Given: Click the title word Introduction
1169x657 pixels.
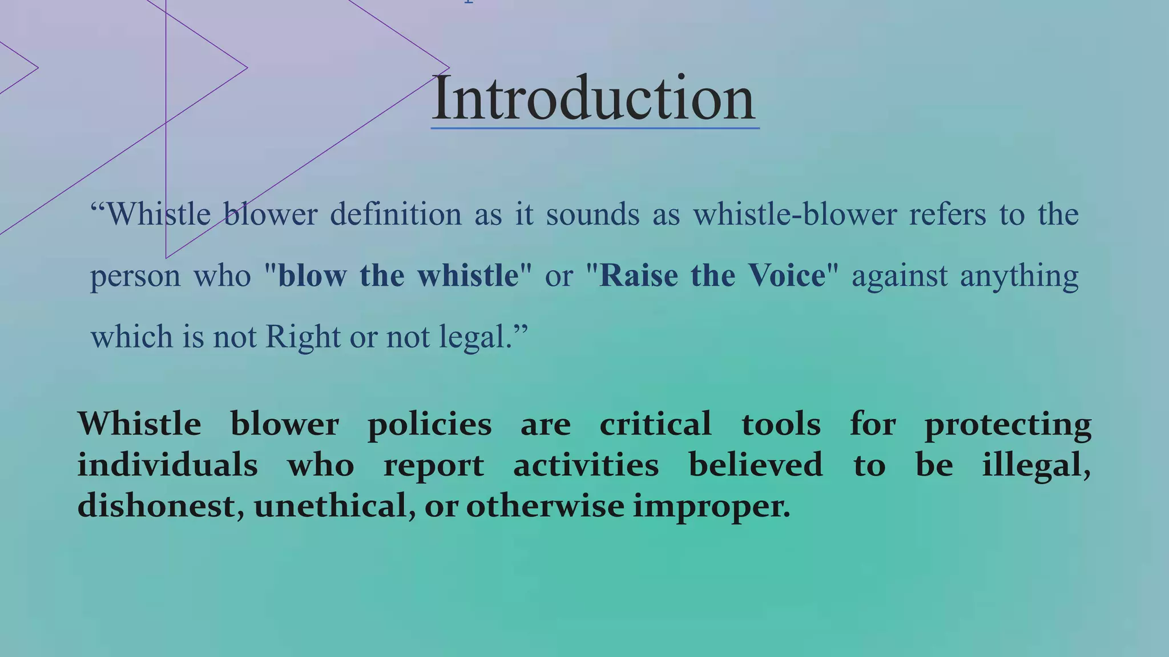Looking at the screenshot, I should click(x=594, y=98).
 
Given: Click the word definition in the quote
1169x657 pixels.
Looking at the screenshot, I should click(x=396, y=215).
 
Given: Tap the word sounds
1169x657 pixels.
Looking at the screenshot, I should click(x=592, y=215).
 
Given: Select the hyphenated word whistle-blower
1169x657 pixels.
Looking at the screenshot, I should click(x=795, y=215).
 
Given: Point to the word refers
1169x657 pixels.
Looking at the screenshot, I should click(x=948, y=215).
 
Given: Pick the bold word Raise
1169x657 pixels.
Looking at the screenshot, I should click(x=639, y=275).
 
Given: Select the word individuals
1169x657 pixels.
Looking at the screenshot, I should click(x=167, y=465).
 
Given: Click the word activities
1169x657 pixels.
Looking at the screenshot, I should click(x=586, y=465).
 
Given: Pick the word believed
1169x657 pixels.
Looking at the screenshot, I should click(x=756, y=465).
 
